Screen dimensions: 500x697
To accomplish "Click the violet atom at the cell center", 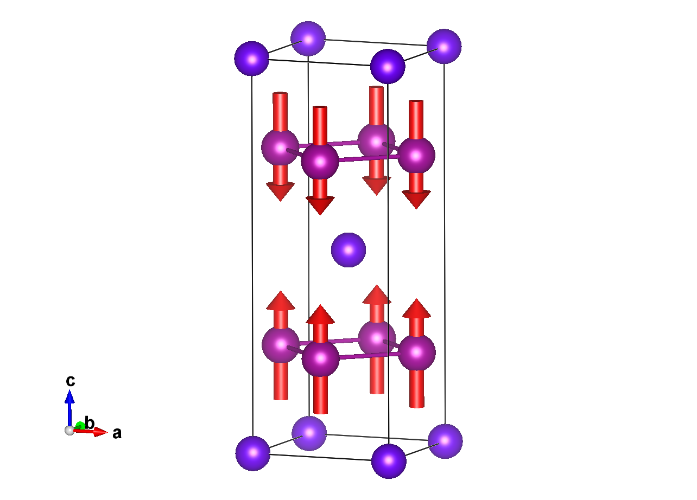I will (x=348, y=250).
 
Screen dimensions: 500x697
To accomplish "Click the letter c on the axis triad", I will (x=71, y=381).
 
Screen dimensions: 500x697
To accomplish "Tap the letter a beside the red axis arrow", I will (x=117, y=433).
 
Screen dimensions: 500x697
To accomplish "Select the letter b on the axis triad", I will (x=90, y=424).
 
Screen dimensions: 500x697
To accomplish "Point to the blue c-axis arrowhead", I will (x=69, y=396).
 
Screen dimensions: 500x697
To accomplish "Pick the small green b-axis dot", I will (x=80, y=426).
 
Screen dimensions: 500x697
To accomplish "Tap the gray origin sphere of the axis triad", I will (x=69, y=430).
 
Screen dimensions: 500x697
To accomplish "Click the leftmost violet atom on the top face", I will (x=252, y=59).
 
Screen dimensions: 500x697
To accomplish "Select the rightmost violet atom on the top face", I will (x=444, y=47).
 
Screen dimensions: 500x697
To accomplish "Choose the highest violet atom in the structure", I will (x=308, y=39).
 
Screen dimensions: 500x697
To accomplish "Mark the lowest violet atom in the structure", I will (x=389, y=461).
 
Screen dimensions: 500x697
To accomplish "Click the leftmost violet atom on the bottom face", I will (x=253, y=453).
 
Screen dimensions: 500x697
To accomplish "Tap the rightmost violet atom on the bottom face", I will (x=445, y=441).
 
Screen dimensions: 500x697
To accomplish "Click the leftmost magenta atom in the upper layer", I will (x=280, y=147).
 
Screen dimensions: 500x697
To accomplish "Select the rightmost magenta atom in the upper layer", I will (x=416, y=156).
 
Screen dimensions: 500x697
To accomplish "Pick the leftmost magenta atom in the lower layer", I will (x=281, y=345).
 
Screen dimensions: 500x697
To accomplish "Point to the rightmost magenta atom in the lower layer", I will (x=417, y=352).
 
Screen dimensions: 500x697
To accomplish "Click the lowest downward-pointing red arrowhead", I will (x=320, y=205).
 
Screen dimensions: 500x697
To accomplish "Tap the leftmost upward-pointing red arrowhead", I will (x=281, y=301).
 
